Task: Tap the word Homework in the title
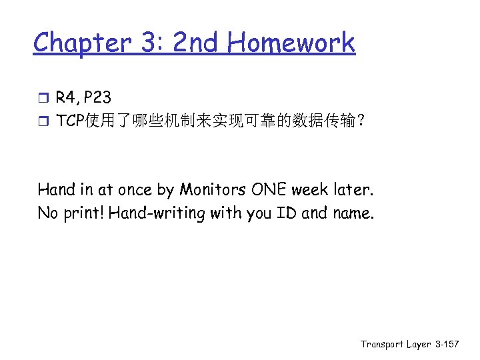click(x=291, y=43)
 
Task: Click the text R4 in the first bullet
click(x=67, y=98)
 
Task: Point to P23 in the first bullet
click(x=97, y=98)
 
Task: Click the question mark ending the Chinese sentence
click(x=360, y=121)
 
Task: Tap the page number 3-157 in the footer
click(x=445, y=344)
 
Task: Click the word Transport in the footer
click(x=383, y=344)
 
